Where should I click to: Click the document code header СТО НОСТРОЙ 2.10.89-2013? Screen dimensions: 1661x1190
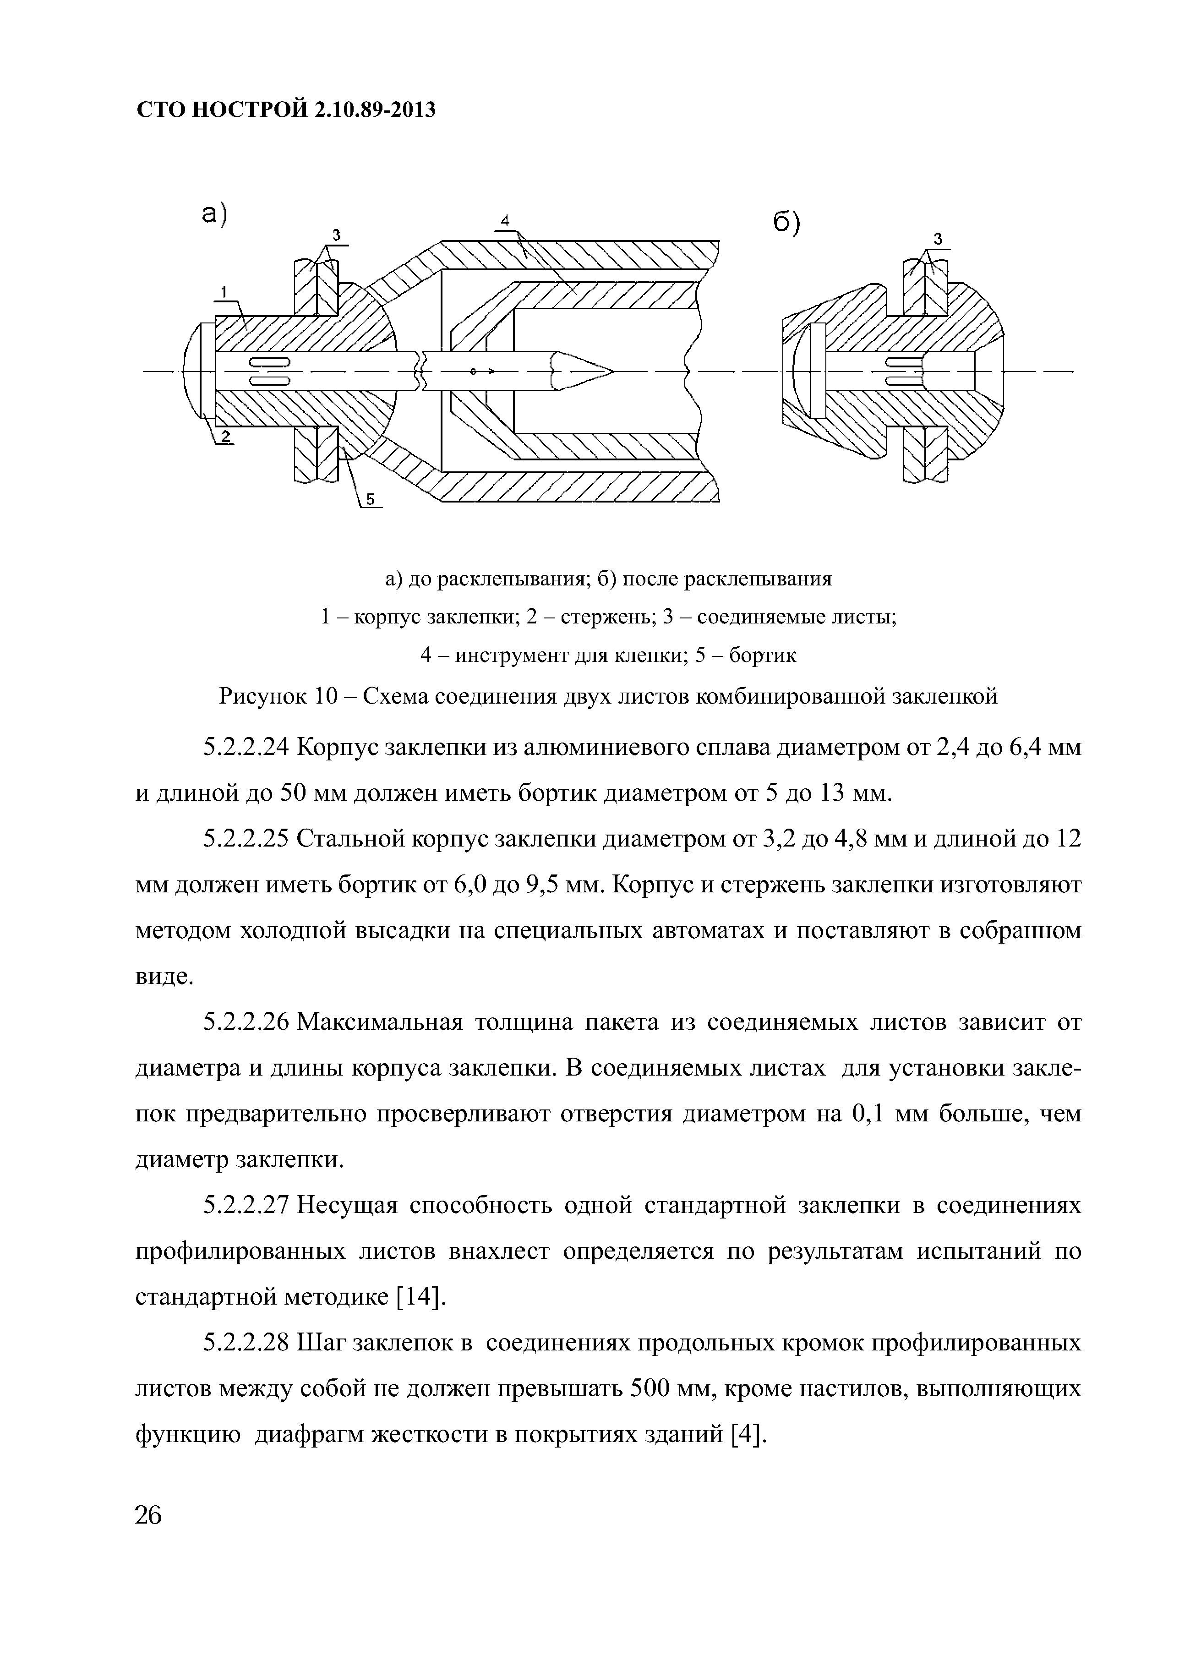coord(286,110)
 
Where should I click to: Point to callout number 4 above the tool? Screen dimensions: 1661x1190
coord(505,220)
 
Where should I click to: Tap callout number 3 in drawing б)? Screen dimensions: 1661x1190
coord(937,239)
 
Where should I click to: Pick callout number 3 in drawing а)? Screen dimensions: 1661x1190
coord(336,235)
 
